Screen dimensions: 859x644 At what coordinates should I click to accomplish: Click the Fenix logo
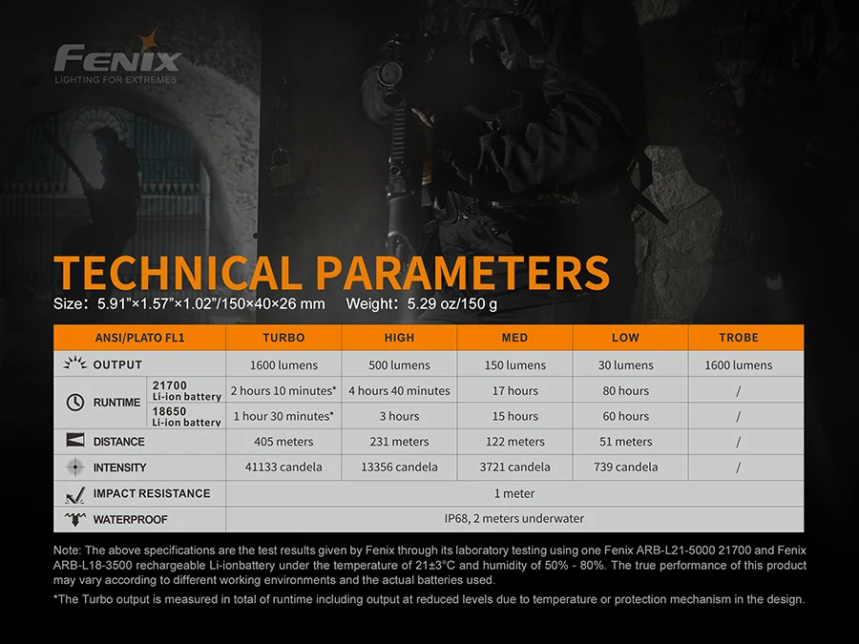tap(117, 57)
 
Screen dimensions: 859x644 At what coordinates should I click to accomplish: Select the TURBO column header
tap(283, 338)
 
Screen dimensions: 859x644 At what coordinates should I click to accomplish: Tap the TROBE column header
tap(739, 338)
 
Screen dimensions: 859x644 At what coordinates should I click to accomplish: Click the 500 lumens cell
tap(399, 364)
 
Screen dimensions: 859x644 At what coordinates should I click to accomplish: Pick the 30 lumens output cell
tap(625, 364)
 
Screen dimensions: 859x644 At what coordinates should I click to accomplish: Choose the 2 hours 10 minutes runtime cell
tap(283, 390)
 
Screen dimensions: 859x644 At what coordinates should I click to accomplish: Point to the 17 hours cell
tap(515, 390)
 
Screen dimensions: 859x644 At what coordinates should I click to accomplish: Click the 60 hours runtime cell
tap(625, 416)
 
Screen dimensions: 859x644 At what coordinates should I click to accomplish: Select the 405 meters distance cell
tap(283, 442)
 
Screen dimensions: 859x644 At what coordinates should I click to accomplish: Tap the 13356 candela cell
tap(399, 467)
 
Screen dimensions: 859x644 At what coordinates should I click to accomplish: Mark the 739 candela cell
tap(625, 467)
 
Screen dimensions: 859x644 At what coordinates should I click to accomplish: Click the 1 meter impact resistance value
tap(514, 493)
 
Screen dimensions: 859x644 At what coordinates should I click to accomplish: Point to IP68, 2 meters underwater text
tap(513, 518)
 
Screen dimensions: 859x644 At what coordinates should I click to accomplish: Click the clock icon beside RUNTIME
tap(75, 403)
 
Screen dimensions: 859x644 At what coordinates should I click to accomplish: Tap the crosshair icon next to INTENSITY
tap(75, 467)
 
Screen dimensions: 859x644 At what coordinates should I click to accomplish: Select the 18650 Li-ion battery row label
tap(186, 416)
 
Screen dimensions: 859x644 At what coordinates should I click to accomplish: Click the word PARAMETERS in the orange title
tap(462, 272)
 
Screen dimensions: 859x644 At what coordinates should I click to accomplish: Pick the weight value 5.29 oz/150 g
tap(452, 303)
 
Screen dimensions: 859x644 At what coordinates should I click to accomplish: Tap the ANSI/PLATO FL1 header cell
tap(139, 338)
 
